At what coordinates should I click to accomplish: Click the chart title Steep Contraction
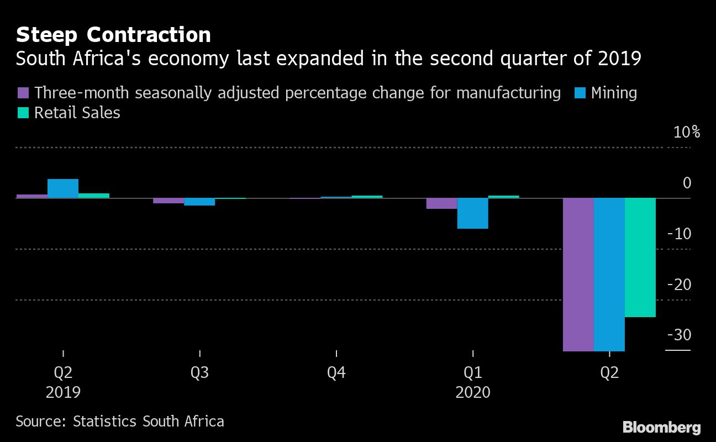pos(113,35)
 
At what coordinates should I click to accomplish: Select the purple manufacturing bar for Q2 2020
pos(578,274)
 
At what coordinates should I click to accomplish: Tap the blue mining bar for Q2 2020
pos(609,274)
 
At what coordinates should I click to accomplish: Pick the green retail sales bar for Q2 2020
pos(640,257)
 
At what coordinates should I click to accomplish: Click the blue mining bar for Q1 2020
pos(473,213)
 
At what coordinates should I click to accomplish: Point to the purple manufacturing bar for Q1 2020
pos(442,203)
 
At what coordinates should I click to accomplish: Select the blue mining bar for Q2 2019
pos(63,188)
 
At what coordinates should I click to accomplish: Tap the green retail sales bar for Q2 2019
pos(94,196)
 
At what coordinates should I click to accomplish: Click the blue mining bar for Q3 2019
pos(199,202)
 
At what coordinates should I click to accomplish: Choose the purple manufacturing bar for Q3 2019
pos(169,201)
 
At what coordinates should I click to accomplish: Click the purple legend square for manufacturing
pos(23,93)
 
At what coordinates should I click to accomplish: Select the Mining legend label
pos(614,93)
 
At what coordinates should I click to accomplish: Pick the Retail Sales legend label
pos(77,113)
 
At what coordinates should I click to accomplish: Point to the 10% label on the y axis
pos(687,133)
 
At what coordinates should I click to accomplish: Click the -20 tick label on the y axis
pos(679,285)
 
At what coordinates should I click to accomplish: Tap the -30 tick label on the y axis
pos(679,335)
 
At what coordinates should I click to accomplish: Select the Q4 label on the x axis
pos(336,373)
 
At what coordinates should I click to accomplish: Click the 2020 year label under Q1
pos(473,392)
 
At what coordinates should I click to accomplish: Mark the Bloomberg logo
pos(661,427)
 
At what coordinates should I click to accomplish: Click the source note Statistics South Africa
pos(120,422)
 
